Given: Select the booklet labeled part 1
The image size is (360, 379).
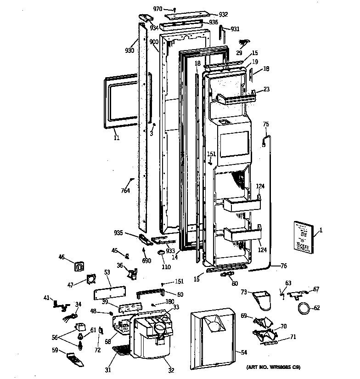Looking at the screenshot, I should click(302, 238).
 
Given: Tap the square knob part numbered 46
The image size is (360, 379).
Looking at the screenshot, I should click(80, 266).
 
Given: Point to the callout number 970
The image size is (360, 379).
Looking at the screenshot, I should click(157, 9).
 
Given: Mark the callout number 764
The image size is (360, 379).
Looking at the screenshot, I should click(125, 191).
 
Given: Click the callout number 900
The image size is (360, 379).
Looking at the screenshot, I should click(153, 42).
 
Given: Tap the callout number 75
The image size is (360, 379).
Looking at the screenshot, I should click(266, 124).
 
